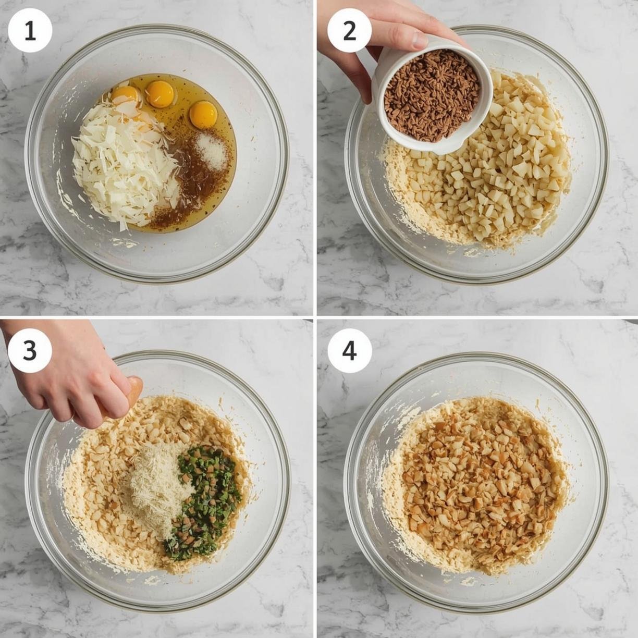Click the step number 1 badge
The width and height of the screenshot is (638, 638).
click(30, 31)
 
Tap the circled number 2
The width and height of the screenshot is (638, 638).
click(350, 31)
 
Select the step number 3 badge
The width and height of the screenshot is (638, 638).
click(30, 350)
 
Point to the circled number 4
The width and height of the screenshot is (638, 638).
click(350, 350)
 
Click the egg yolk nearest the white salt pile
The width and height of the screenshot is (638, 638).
click(203, 115)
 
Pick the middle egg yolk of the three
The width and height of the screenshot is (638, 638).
click(160, 93)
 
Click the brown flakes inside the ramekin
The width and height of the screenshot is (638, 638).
click(433, 95)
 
